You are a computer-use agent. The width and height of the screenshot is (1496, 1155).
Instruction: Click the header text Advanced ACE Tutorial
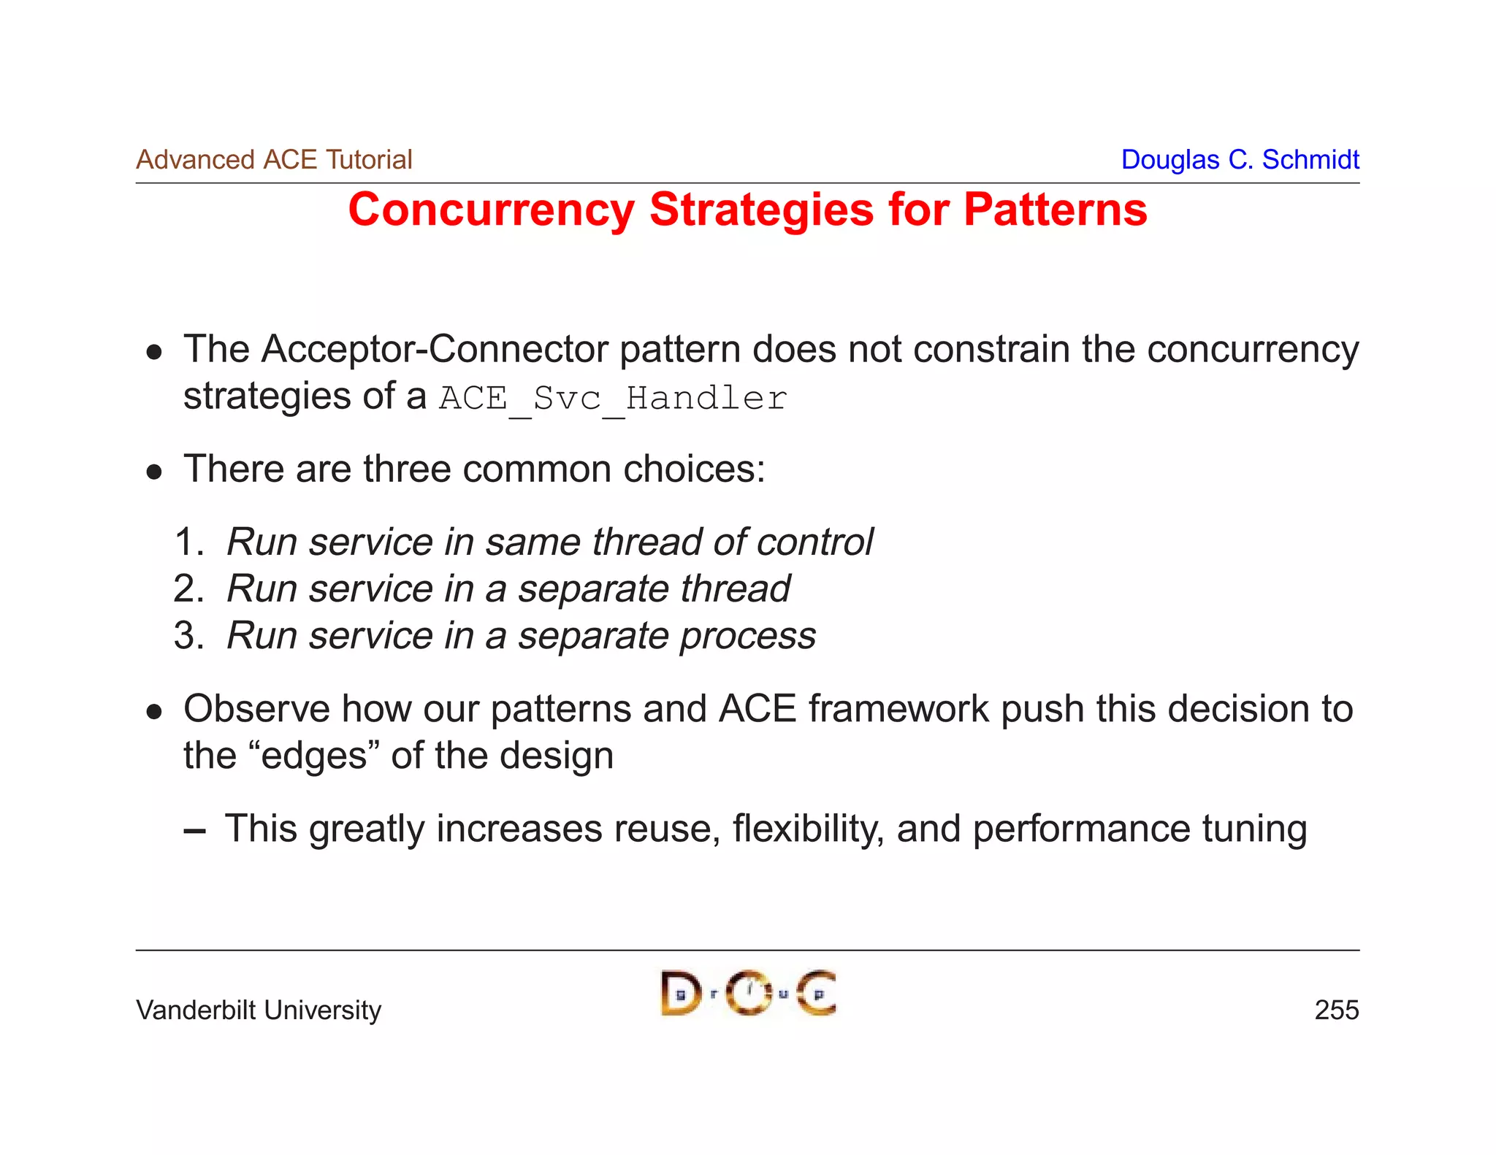pyautogui.click(x=274, y=159)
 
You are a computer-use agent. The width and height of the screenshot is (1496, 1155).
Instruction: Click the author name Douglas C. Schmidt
pyautogui.click(x=1240, y=159)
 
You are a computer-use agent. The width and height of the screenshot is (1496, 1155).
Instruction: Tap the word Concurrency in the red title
pyautogui.click(x=491, y=210)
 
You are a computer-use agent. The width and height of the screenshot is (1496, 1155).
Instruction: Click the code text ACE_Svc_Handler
pyautogui.click(x=612, y=399)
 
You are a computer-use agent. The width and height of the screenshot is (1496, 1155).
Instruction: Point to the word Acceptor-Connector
pyautogui.click(x=435, y=349)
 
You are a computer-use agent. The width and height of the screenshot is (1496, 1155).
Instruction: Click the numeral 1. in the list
pyautogui.click(x=188, y=542)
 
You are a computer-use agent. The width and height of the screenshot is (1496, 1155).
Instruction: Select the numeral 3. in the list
pyautogui.click(x=188, y=636)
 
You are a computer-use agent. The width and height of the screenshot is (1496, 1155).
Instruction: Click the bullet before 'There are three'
pyautogui.click(x=153, y=472)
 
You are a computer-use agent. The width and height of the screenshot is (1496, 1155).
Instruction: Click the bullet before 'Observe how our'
pyautogui.click(x=153, y=712)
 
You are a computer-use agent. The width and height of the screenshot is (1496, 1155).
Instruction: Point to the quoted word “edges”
pyautogui.click(x=314, y=756)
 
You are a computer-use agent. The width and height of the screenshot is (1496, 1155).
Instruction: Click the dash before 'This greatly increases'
pyautogui.click(x=194, y=831)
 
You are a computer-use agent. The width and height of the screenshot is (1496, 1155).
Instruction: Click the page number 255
pyautogui.click(x=1336, y=1010)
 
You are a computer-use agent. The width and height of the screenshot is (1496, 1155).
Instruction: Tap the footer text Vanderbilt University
pyautogui.click(x=259, y=1010)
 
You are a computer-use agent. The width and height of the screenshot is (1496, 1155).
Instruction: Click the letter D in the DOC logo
pyautogui.click(x=679, y=993)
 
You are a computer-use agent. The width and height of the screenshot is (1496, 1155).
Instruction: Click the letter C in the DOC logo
pyautogui.click(x=817, y=993)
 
